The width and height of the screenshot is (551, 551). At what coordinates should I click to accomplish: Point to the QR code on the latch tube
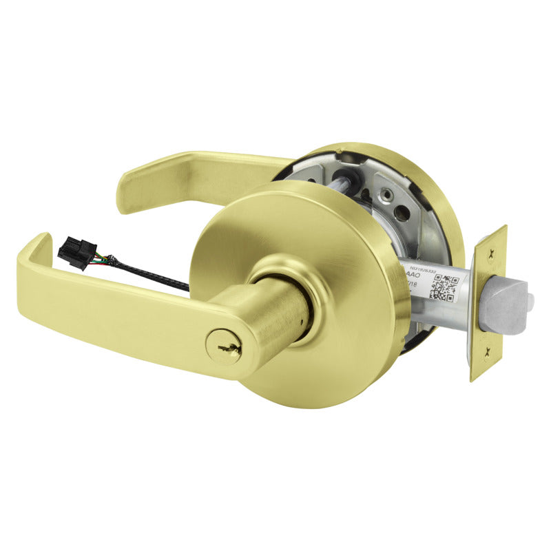click(x=442, y=289)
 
